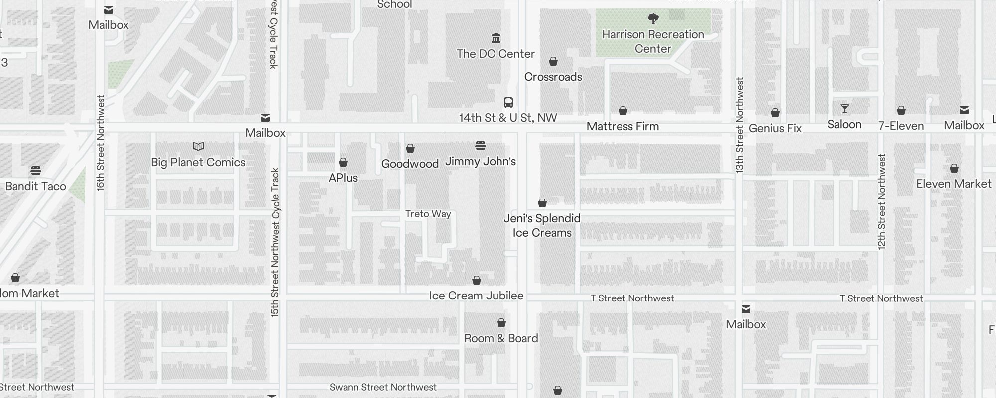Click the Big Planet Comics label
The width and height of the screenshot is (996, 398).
198,162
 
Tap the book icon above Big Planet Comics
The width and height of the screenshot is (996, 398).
198,146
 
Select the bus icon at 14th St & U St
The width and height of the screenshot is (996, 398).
508,102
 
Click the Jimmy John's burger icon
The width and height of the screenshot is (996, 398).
481,146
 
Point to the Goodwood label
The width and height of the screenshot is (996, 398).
410,164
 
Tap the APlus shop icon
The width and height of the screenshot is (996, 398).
343,162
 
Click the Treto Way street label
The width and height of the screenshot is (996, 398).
428,214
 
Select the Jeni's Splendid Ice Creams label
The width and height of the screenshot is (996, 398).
542,225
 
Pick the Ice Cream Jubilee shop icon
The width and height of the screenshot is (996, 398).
477,281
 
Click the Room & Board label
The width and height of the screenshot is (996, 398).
501,338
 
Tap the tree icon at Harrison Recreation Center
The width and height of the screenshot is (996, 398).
653,19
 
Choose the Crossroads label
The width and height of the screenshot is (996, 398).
553,77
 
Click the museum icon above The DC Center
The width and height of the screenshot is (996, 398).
496,38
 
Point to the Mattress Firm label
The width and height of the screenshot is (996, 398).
622,126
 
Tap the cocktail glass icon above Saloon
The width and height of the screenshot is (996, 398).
844,109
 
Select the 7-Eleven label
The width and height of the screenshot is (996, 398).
901,126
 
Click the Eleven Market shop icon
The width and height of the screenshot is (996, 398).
954,168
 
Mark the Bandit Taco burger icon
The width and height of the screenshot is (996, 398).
35,171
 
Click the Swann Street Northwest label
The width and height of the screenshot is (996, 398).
383,387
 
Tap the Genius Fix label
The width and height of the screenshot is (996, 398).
775,128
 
